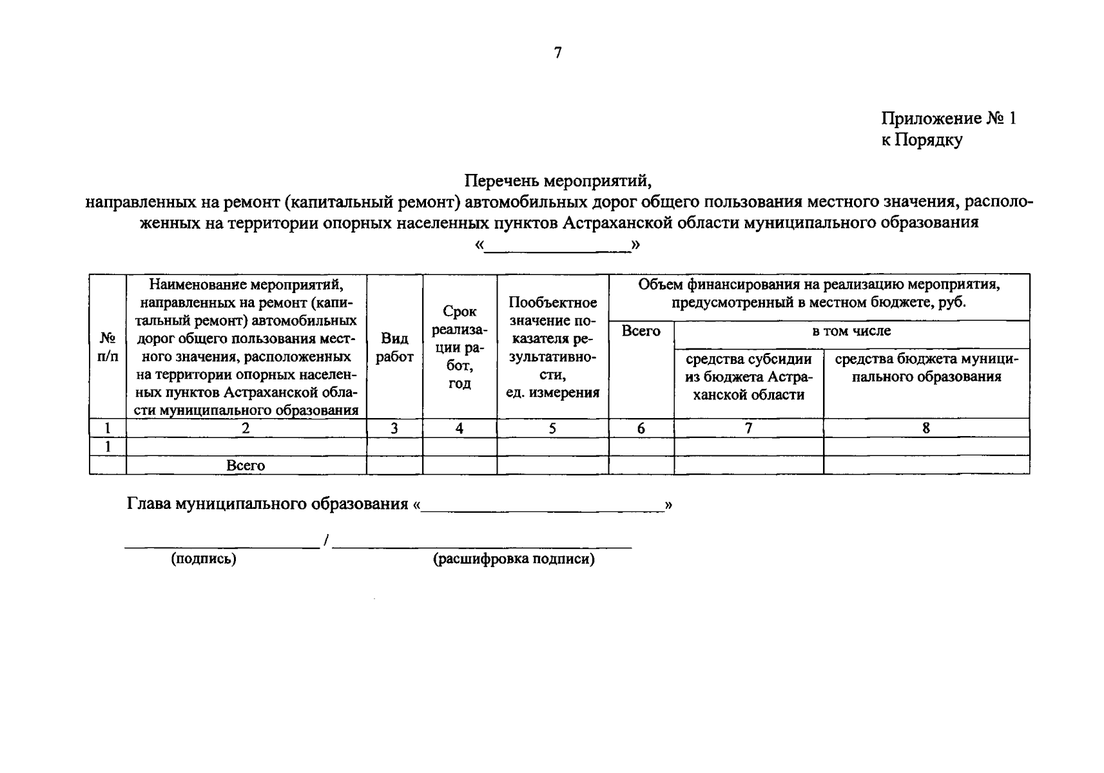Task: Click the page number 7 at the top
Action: click(x=557, y=53)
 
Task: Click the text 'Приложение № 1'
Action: click(x=948, y=119)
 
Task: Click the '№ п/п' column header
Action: click(x=108, y=347)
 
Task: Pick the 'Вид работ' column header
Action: click(x=394, y=347)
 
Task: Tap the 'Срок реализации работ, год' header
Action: click(x=460, y=347)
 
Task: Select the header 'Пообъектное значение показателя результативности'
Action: click(x=552, y=347)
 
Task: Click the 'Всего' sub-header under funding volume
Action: click(x=641, y=331)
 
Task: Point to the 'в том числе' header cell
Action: click(x=851, y=331)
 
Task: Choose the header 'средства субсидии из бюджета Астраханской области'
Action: click(x=748, y=377)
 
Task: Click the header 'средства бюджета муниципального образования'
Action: click(x=926, y=368)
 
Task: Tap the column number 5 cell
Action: click(x=552, y=428)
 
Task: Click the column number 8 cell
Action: click(x=926, y=428)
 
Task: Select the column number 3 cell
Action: click(x=394, y=428)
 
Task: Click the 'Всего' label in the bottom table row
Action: click(x=246, y=466)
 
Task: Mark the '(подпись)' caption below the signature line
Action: click(x=204, y=559)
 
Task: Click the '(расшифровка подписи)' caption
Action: click(x=514, y=559)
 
